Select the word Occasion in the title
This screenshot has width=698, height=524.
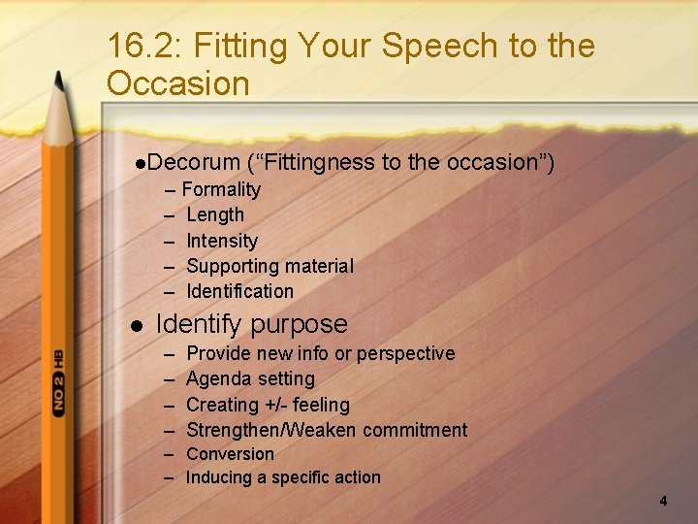point(178,83)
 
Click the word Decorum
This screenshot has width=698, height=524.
point(194,162)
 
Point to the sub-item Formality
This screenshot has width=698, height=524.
point(221,189)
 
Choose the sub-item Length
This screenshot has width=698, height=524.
point(214,214)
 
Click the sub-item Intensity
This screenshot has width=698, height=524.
point(222,241)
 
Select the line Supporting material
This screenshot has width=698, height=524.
point(270,266)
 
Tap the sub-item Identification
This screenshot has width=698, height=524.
point(239,291)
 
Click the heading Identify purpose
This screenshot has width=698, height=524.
point(251,324)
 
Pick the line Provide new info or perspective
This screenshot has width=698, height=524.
point(320,353)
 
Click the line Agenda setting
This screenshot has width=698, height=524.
point(250,378)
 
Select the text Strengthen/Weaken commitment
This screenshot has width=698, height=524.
point(326,430)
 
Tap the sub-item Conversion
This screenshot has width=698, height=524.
point(230,454)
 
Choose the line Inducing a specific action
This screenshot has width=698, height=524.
point(283,477)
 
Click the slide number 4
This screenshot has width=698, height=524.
point(663,501)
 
